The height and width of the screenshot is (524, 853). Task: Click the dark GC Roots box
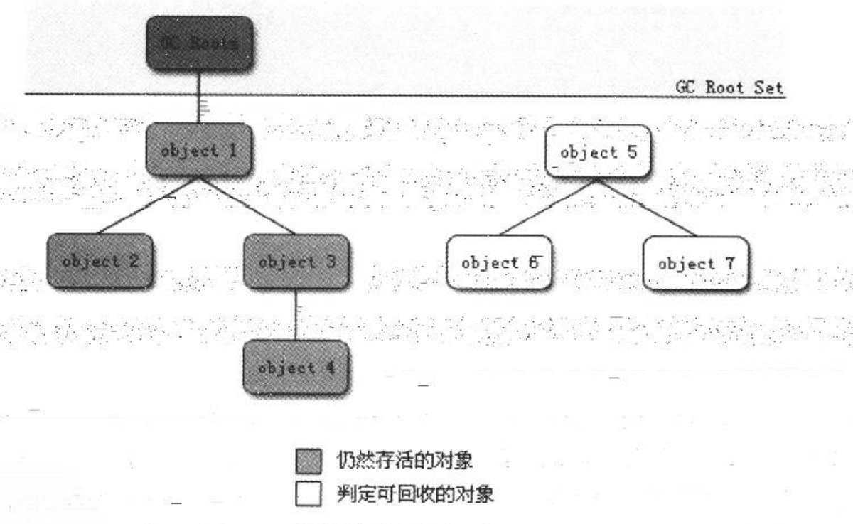coord(200,43)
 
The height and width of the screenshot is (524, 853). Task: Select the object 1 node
coord(200,151)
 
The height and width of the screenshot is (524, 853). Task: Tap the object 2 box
coord(100,261)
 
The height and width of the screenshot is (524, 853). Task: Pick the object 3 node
coord(296,261)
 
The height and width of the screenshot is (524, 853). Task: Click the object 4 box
coord(296,368)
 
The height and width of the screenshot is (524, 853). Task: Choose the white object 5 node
coord(598,151)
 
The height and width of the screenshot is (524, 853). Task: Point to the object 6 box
coord(499,262)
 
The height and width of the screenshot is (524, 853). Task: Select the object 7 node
coord(696,262)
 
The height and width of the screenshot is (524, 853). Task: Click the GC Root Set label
coord(730,87)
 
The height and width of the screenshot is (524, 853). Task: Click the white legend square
coord(304,492)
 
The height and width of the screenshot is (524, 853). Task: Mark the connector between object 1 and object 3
coord(247,205)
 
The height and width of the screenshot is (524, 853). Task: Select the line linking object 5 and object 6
coord(548,208)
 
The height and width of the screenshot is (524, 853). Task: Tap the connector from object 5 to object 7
coord(647,208)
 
